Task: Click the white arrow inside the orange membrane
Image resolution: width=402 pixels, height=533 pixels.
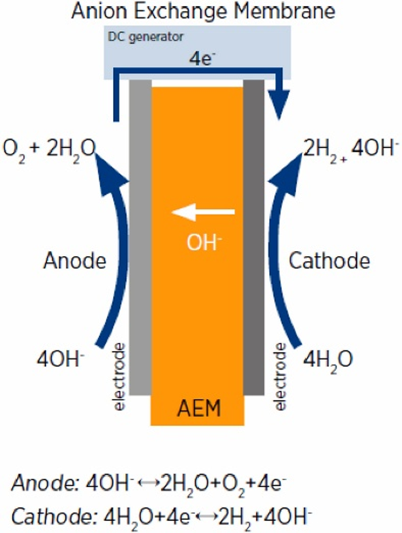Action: point(202,212)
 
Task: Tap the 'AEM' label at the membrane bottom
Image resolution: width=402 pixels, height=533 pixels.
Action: point(199,410)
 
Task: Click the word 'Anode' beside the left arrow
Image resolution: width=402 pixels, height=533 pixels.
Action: point(74,261)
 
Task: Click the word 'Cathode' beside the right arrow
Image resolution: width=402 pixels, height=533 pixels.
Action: point(329,261)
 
